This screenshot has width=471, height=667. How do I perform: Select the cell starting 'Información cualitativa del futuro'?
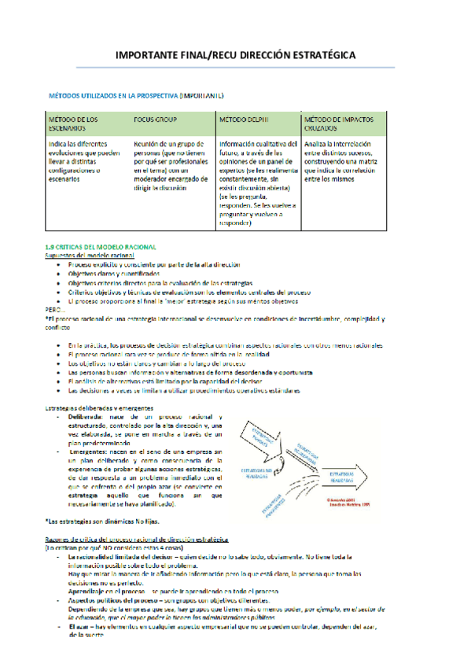[x=257, y=182]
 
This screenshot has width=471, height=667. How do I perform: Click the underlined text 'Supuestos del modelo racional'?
[x=89, y=256]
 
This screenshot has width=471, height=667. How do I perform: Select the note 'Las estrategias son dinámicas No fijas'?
[x=100, y=522]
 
